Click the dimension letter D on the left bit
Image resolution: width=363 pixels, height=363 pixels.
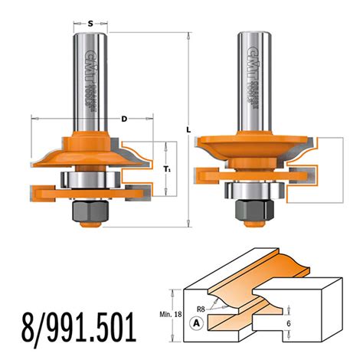[123, 119]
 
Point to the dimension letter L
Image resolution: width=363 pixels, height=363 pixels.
[188, 130]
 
